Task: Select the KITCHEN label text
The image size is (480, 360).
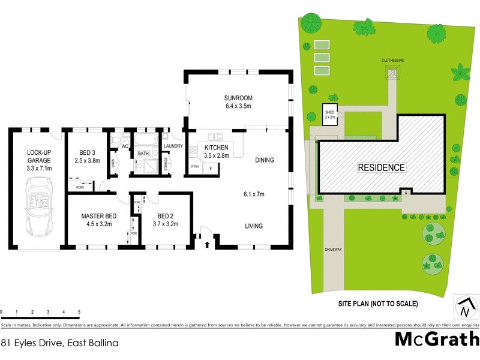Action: (x=216, y=148)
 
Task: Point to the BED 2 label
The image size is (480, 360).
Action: (x=166, y=216)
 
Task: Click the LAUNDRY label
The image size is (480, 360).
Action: (x=173, y=146)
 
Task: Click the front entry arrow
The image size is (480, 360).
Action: (x=208, y=244)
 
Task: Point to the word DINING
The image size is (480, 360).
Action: (x=264, y=160)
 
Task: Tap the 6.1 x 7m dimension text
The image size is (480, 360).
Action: (x=253, y=194)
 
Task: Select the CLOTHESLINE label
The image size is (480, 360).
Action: (x=393, y=61)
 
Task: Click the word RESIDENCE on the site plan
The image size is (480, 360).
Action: (x=382, y=167)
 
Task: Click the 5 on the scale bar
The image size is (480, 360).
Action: (x=79, y=312)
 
